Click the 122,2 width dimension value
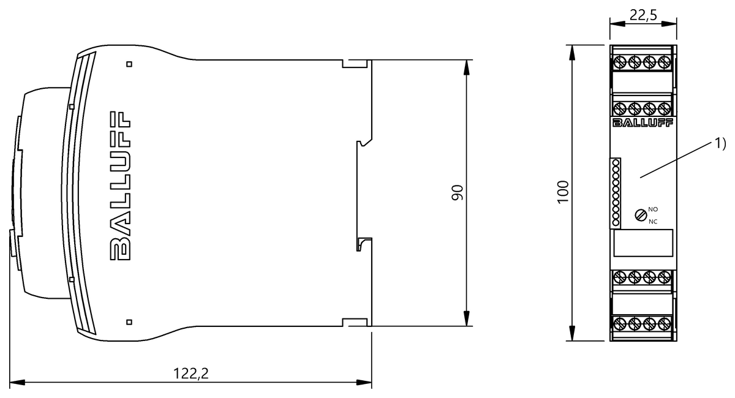192,374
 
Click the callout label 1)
719,144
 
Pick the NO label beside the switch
653,209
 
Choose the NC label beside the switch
653,221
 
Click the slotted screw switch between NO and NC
640,215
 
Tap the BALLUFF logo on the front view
643,126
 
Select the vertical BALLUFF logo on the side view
121,186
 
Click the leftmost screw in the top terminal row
620,62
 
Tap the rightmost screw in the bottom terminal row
665,323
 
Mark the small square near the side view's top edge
129,63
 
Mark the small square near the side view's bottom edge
129,321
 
